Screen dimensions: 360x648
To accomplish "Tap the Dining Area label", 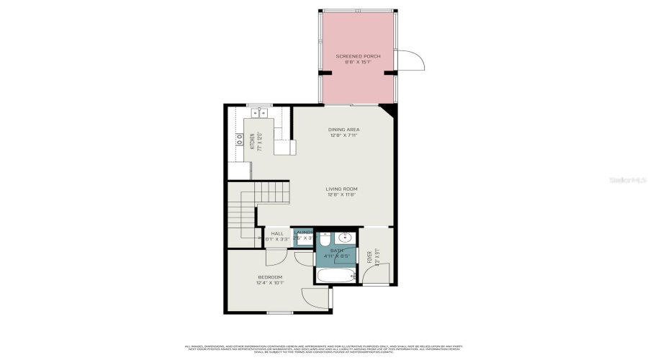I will [x=343, y=130].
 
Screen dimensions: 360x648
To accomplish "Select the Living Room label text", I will [x=341, y=189].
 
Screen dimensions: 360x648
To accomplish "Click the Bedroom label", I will [x=270, y=277].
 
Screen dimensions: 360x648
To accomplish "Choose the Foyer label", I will [x=370, y=256].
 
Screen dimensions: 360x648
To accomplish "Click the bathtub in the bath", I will [x=336, y=276].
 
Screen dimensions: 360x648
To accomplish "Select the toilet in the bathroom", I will [x=324, y=238].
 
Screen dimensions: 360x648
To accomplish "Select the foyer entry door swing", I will [x=380, y=274].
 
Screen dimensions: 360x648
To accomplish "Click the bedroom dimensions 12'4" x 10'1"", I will [x=270, y=283].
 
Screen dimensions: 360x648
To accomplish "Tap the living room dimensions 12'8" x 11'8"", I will [x=341, y=195].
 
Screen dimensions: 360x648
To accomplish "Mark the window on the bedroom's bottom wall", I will [x=279, y=312].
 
